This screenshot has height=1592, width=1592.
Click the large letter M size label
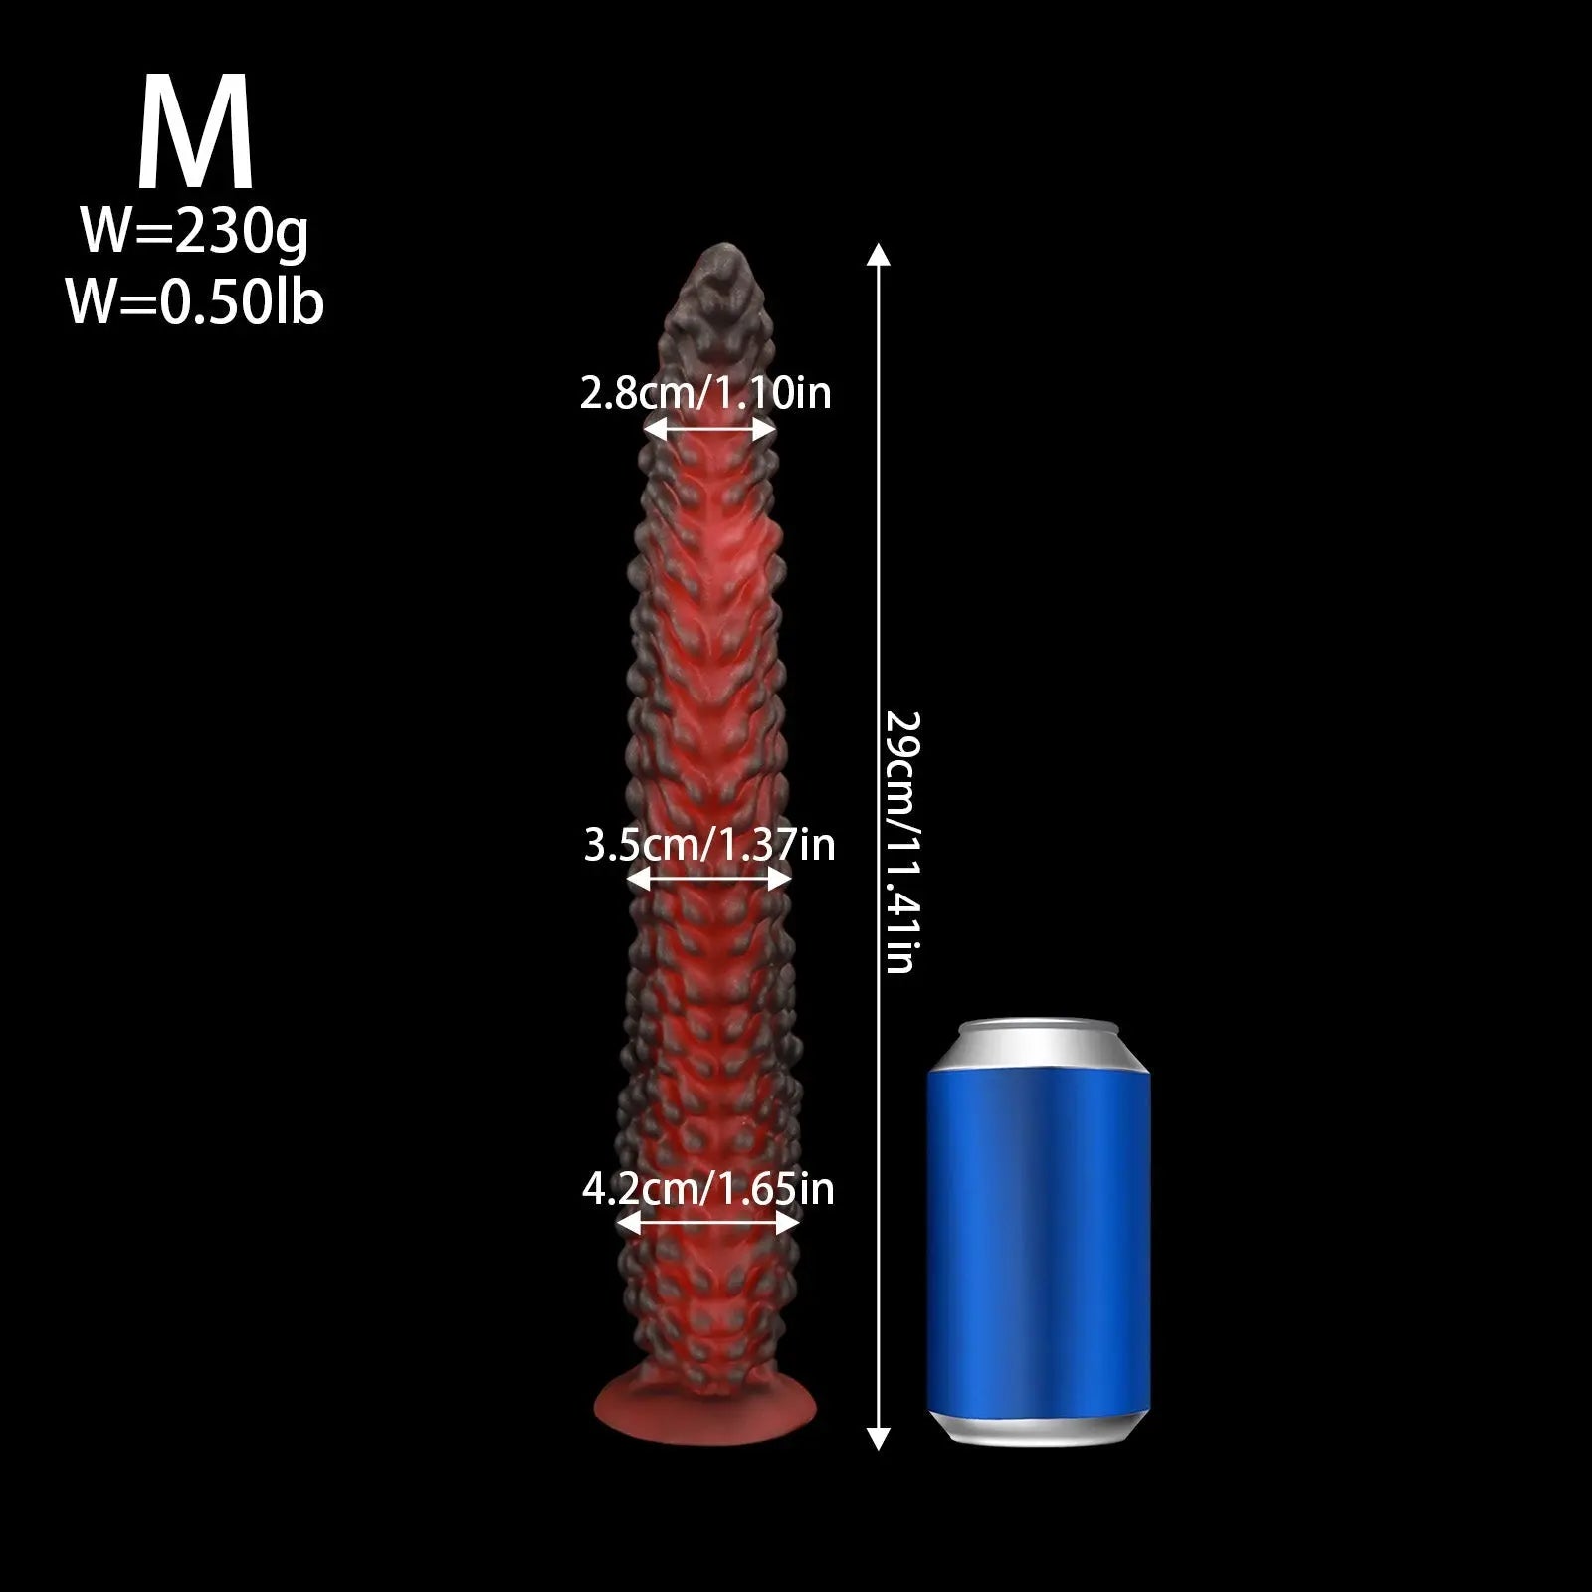tap(195, 133)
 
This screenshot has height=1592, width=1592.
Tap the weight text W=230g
tap(195, 233)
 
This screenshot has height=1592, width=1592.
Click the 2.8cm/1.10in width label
tap(705, 393)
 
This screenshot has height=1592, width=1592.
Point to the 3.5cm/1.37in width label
tap(708, 845)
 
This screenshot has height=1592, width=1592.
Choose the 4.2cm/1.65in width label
tap(707, 1189)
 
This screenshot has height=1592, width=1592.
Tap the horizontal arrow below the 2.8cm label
tap(709, 430)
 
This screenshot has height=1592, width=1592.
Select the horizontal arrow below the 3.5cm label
tap(709, 878)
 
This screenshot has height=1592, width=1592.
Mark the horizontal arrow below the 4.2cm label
tap(708, 1223)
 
